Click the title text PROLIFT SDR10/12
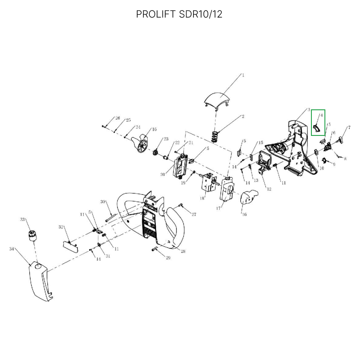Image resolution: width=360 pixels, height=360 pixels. (179, 14)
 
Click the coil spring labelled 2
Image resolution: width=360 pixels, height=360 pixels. (215, 137)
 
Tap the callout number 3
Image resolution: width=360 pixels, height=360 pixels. (309, 110)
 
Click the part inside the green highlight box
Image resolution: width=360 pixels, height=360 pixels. (317, 128)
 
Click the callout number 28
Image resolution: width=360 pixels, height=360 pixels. (183, 251)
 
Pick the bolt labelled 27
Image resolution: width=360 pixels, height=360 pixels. (180, 205)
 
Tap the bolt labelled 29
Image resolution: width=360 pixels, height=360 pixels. (155, 249)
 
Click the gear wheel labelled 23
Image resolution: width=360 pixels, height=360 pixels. (156, 152)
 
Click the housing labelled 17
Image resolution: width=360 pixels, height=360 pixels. (227, 189)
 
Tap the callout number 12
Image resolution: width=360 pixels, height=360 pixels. (269, 189)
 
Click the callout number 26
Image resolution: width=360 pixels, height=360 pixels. (117, 118)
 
